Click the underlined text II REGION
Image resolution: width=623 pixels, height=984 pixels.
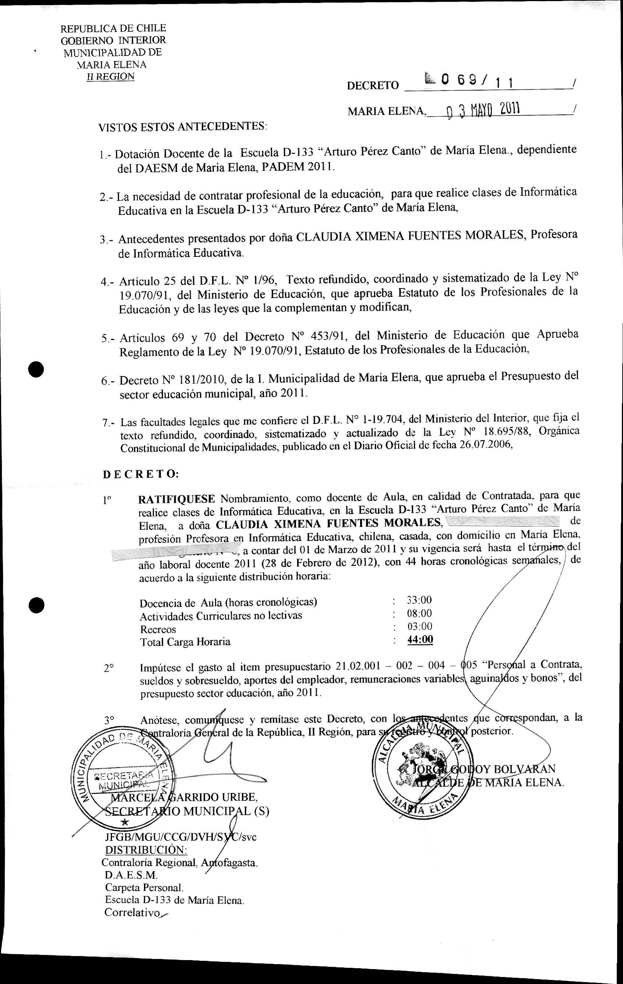pos(110,77)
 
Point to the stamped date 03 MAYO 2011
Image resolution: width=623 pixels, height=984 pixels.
pos(483,110)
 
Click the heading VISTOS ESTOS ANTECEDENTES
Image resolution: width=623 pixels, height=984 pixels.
pos(182,127)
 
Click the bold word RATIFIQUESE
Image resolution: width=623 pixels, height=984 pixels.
pos(177,499)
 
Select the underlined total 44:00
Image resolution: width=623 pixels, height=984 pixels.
pos(420,639)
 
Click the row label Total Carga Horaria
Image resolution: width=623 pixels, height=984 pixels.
pos(185,642)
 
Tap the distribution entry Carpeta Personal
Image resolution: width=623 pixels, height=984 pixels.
pos(144,887)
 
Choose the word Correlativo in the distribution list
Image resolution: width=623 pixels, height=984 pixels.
pos(131,912)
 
